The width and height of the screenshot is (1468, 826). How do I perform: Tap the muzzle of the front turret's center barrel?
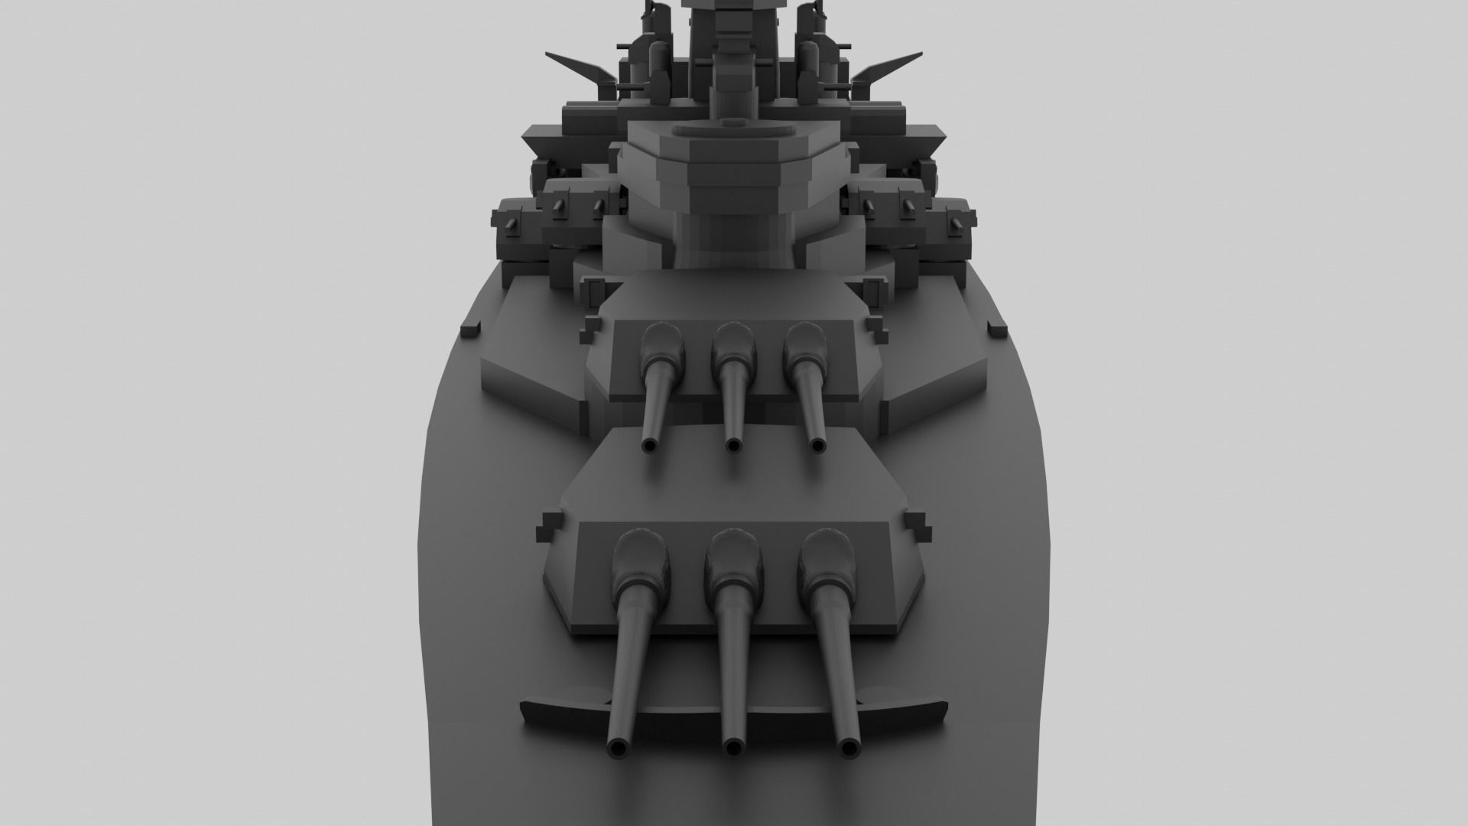coord(734,747)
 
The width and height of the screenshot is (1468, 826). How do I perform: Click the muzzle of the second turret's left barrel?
coord(650,445)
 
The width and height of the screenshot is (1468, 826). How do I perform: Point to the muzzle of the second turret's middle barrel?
coord(733,444)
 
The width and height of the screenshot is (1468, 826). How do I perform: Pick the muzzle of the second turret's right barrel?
coord(817,444)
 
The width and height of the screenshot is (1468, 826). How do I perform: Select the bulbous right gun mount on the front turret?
coord(827,563)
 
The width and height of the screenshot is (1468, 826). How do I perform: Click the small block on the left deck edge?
coord(470,328)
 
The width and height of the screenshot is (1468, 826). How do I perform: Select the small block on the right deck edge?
coord(997,330)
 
